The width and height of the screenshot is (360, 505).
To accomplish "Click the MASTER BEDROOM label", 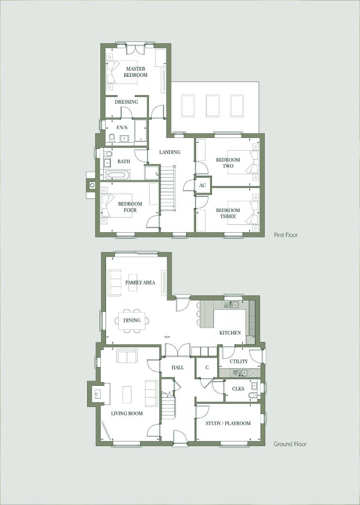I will click(x=135, y=72).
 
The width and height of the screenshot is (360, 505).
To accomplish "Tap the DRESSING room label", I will click(x=126, y=102).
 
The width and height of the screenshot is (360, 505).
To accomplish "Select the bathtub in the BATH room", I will click(x=116, y=175).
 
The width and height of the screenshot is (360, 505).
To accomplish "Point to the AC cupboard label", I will click(x=202, y=186).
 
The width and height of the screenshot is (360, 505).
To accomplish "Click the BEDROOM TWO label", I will click(x=228, y=163).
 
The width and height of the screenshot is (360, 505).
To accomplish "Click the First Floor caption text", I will click(x=286, y=235).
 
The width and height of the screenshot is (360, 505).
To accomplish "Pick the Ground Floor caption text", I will click(x=290, y=444).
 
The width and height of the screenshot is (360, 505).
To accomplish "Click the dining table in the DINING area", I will click(x=132, y=321).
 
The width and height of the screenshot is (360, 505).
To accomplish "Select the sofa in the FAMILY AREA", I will click(x=114, y=282).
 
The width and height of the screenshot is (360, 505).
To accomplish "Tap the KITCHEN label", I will click(x=230, y=333).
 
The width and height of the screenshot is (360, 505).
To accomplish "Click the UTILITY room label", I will click(x=238, y=361).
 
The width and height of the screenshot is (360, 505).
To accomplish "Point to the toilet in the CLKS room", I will click(x=253, y=395).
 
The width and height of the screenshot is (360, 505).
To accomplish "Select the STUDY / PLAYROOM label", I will click(x=228, y=423).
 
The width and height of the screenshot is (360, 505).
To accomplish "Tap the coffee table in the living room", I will click(x=127, y=394).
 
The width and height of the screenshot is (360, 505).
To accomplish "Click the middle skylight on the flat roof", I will click(x=213, y=106).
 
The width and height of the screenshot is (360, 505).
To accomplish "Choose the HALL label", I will click(x=177, y=367).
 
